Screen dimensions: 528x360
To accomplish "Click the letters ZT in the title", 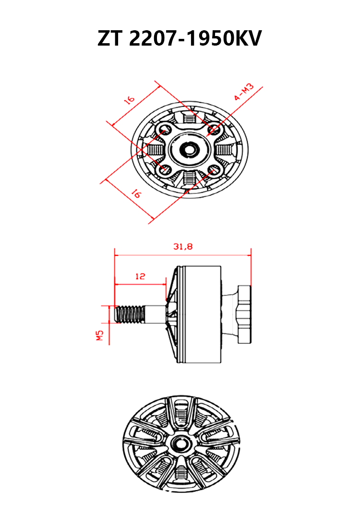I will [x=111, y=38].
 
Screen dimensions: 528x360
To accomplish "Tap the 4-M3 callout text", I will [x=246, y=92].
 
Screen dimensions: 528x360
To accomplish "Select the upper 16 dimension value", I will [x=129, y=100].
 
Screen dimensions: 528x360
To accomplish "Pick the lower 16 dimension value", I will [x=136, y=194].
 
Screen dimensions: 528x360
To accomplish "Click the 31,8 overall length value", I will [x=182, y=247].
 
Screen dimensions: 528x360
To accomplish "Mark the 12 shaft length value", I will [x=140, y=276].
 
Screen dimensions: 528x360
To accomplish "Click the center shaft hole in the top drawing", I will [x=188, y=149].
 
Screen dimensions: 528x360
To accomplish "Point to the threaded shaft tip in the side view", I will [x=131, y=314].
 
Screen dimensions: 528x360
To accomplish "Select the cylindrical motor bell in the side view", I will [x=202, y=314].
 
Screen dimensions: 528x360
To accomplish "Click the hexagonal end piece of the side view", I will [x=244, y=314].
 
